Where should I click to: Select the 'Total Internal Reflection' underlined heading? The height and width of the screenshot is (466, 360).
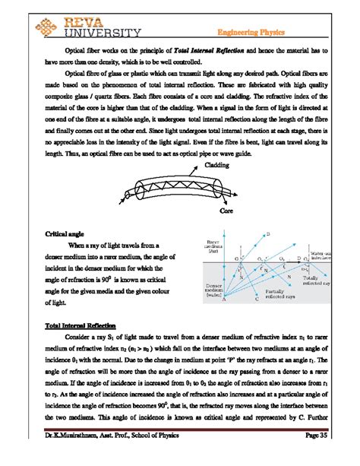pyautogui.click(x=72, y=326)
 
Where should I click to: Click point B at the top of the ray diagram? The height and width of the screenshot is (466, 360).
pyautogui.click(x=268, y=235)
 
